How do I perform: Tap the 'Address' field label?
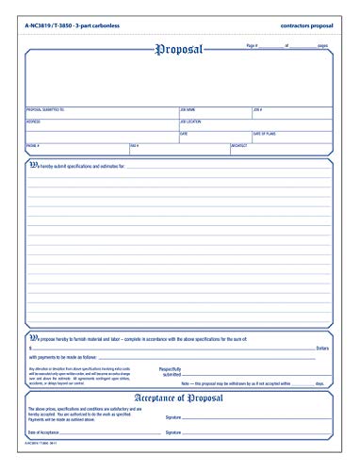[x=33, y=122]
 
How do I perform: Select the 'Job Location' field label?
[x=189, y=122]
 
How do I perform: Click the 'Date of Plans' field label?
[x=265, y=134]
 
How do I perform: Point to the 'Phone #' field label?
[x=33, y=145]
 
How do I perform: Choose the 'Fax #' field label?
[x=134, y=145]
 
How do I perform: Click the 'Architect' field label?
[x=239, y=145]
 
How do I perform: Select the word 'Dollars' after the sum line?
[x=319, y=346]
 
